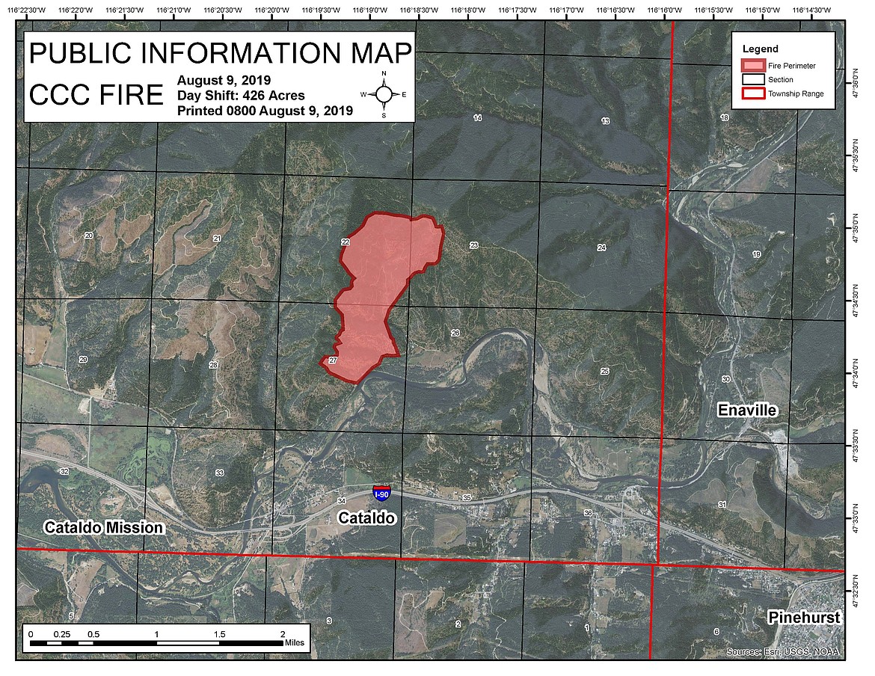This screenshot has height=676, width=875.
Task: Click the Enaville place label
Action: [x=747, y=410]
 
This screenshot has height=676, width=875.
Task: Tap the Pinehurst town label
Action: [x=804, y=618]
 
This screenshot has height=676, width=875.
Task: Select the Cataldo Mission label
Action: [x=103, y=527]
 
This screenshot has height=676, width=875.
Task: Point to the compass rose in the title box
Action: [x=384, y=94]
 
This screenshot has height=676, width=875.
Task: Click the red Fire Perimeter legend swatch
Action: [x=755, y=65]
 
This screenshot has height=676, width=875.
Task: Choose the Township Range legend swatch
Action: [x=755, y=93]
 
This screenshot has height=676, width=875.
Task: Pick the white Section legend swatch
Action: [x=755, y=79]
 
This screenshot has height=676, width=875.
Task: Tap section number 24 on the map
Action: [x=601, y=248]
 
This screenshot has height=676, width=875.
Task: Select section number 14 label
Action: [x=478, y=119]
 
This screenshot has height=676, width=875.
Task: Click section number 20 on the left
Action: [x=89, y=236]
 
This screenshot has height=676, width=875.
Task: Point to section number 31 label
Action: [x=722, y=505]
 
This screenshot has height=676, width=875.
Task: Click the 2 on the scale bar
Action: [x=282, y=634]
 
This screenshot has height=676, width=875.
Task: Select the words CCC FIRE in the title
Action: [x=96, y=95]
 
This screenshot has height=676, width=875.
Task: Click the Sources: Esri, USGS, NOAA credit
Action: [x=782, y=652]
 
